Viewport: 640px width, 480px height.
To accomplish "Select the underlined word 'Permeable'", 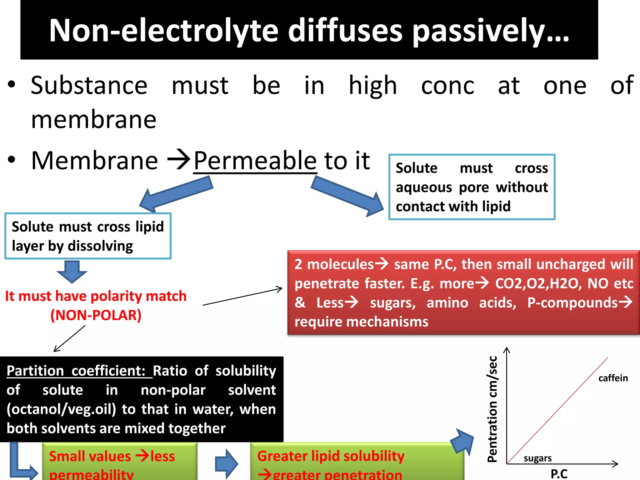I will pyautogui.click(x=255, y=161).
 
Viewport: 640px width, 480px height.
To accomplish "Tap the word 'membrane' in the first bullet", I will pyautogui.click(x=94, y=120).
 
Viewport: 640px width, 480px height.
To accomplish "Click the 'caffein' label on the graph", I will pyautogui.click(x=613, y=378).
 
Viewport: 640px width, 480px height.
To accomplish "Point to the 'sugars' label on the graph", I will pyautogui.click(x=537, y=458).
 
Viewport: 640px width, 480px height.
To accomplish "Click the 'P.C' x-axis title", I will pyautogui.click(x=559, y=474).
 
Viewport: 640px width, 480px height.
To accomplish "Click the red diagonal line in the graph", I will pyautogui.click(x=557, y=410).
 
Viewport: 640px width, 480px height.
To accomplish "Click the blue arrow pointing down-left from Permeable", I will pyautogui.click(x=177, y=194).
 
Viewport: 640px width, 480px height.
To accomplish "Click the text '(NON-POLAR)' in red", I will pyautogui.click(x=96, y=315).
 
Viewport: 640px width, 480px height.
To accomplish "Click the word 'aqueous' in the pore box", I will pyautogui.click(x=424, y=187).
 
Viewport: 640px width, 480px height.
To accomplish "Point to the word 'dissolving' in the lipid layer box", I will pyautogui.click(x=100, y=246).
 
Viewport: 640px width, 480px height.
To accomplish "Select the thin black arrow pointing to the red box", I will pyautogui.click(x=242, y=296).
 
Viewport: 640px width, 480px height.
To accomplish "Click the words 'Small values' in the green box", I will pyautogui.click(x=90, y=456).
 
